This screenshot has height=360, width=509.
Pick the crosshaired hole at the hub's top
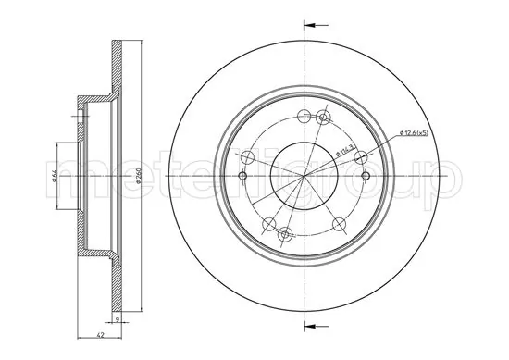pyautogui.click(x=323, y=117)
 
